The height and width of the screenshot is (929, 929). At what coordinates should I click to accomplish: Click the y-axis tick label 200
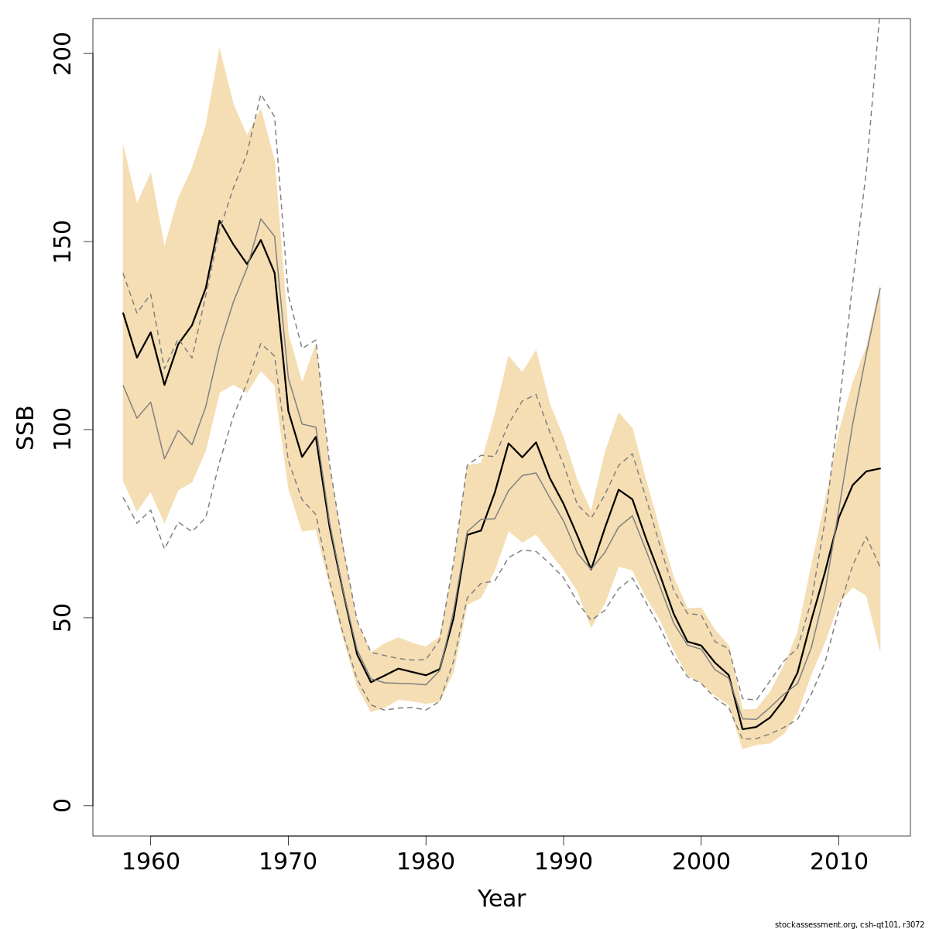tap(63, 53)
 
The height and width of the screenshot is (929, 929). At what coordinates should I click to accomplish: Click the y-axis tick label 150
tap(63, 242)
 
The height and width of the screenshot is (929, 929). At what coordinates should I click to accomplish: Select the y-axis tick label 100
tap(63, 430)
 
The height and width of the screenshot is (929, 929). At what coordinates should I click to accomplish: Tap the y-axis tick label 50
tap(63, 618)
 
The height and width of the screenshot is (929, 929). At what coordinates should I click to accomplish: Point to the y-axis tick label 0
tap(63, 805)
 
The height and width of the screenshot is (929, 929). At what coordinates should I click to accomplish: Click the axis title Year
tap(501, 899)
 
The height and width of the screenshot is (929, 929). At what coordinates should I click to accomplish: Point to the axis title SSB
tap(26, 427)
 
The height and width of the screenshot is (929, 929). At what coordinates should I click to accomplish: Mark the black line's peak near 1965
tap(220, 221)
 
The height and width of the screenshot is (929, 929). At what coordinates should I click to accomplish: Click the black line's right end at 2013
tap(880, 468)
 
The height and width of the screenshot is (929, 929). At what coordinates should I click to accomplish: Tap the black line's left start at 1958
tap(123, 313)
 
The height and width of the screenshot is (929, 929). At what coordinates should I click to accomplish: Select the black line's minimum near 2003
tap(742, 728)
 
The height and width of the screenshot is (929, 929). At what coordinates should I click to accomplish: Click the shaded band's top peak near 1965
tap(219, 48)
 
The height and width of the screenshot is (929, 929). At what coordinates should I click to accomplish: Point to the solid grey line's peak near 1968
tap(261, 219)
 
